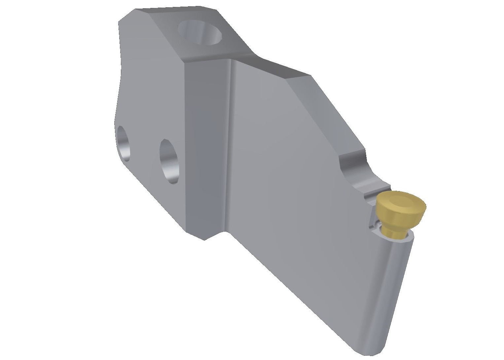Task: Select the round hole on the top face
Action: [200, 32]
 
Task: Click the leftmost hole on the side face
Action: [124, 143]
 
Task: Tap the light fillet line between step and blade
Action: [231, 145]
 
